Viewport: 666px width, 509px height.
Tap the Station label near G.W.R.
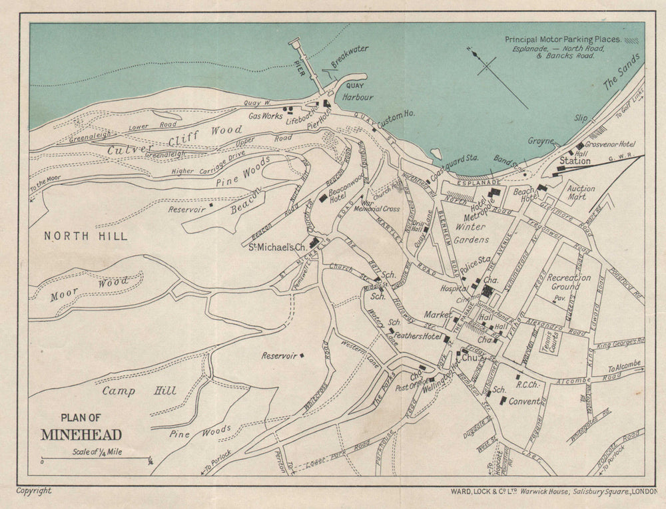point(574,161)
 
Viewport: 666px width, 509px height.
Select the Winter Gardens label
point(472,234)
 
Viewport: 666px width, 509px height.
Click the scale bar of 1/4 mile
point(96,458)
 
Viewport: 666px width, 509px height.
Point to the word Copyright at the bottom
point(34,491)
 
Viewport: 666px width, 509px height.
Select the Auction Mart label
point(581,193)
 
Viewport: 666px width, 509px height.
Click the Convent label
point(524,402)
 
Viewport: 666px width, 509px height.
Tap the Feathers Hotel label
point(418,337)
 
